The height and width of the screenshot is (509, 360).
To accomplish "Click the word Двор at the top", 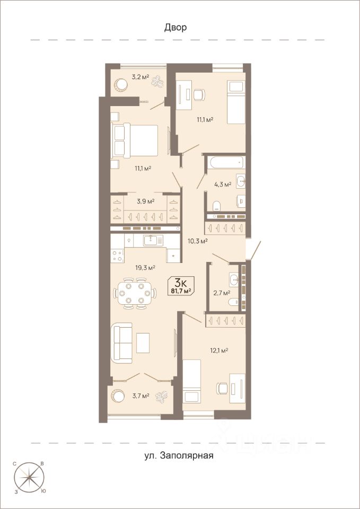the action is [175, 28].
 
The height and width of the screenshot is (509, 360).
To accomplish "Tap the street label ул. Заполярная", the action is [179, 455].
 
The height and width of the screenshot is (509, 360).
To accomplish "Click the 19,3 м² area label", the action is [145, 268].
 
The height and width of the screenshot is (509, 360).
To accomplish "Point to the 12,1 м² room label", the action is [219, 350].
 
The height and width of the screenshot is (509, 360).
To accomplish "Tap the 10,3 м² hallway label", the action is [198, 241].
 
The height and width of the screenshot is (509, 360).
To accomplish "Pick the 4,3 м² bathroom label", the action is [222, 185].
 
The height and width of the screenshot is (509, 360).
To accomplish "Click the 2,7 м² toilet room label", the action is [222, 293].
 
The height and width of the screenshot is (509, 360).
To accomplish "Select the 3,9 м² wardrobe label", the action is [145, 201].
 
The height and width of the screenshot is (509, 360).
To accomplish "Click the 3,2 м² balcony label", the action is [140, 77].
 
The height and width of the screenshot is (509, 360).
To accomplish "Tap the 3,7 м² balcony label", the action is [140, 396].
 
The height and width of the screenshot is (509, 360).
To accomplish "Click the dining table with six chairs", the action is [134, 293].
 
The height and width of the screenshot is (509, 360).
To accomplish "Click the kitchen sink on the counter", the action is [154, 240].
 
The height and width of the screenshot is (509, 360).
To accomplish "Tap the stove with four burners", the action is [117, 256].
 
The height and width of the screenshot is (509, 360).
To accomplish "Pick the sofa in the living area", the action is [121, 343].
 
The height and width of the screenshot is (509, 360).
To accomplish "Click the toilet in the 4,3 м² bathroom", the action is [217, 205].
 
